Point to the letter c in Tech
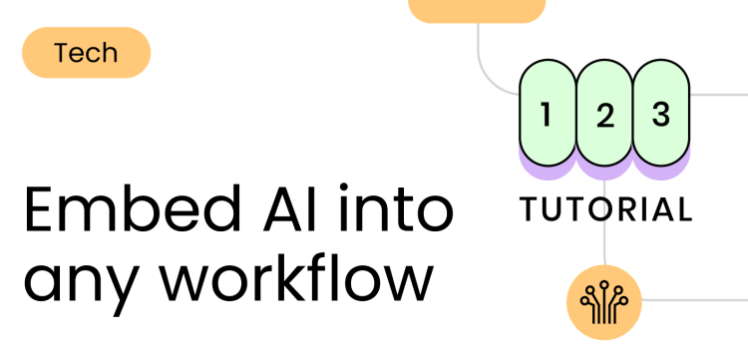tap(95, 54)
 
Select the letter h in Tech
tap(110, 52)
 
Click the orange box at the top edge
tap(477, 9)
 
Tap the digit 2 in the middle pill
tap(604, 117)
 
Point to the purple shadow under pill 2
tap(604, 173)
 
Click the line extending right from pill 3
tap(718, 95)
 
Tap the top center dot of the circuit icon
tap(604, 284)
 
